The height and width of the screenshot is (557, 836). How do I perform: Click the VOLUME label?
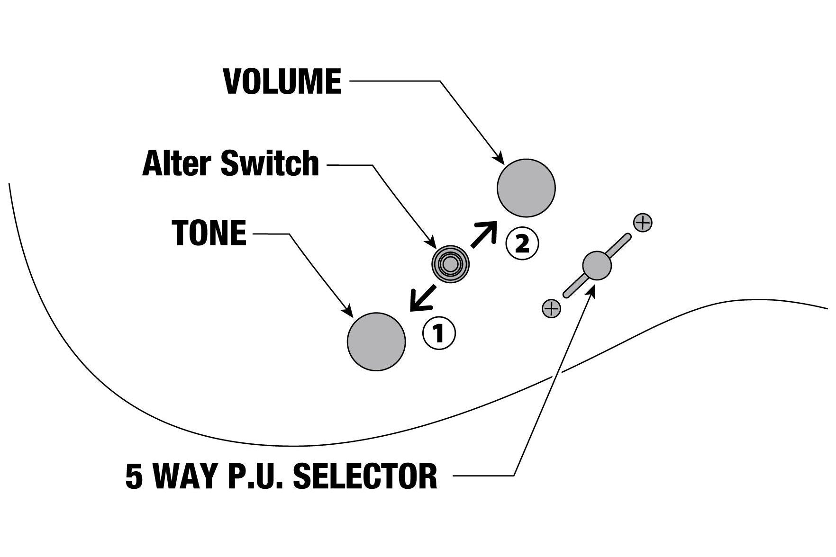282,81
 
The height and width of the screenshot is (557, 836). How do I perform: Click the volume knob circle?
526,188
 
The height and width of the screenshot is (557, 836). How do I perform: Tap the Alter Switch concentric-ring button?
450,264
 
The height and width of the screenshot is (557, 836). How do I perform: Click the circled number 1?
439,334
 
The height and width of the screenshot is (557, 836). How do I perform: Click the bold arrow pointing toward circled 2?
484,234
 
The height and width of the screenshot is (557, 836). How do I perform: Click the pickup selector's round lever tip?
597,265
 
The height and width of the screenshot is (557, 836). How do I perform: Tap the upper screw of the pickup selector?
643,223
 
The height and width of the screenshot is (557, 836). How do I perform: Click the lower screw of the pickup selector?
551,309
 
